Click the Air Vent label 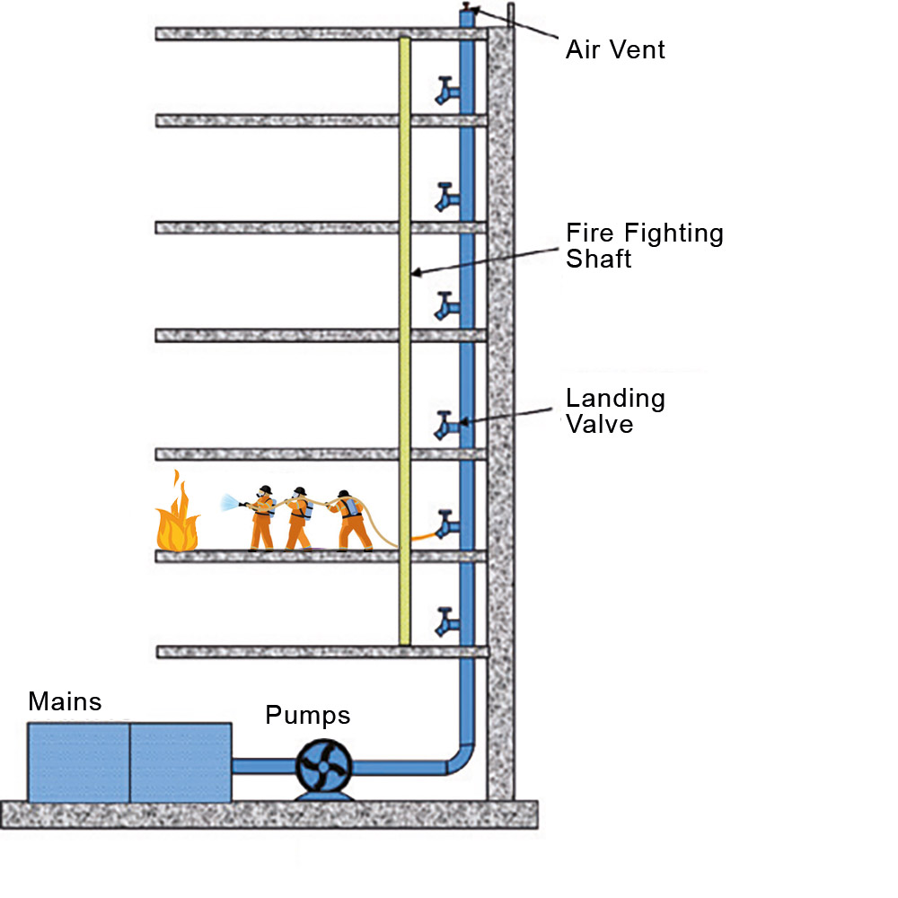pyautogui.click(x=615, y=48)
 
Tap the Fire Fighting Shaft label pyautogui.click(x=644, y=245)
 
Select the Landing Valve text pyautogui.click(x=615, y=410)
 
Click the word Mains pyautogui.click(x=65, y=701)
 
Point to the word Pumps pyautogui.click(x=307, y=716)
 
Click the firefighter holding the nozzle pyautogui.click(x=261, y=518)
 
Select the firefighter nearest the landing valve pyautogui.click(x=352, y=521)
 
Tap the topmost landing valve pyautogui.click(x=446, y=91)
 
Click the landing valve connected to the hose pyautogui.click(x=446, y=524)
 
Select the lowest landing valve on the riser pyautogui.click(x=446, y=621)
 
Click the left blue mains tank pyautogui.click(x=79, y=762)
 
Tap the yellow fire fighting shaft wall pyautogui.click(x=405, y=341)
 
